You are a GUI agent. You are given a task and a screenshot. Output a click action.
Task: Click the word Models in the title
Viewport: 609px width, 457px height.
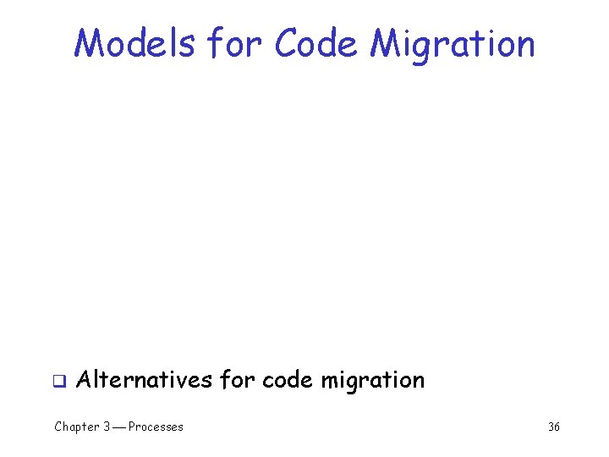(x=134, y=43)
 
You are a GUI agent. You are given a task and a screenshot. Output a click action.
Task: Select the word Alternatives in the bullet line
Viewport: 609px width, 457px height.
(x=144, y=379)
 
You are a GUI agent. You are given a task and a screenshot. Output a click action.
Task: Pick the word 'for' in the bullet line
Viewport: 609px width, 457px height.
(x=237, y=379)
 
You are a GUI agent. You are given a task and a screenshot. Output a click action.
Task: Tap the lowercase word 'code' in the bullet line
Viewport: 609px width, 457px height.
(x=288, y=379)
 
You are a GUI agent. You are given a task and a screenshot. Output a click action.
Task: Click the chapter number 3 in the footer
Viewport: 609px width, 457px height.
(x=107, y=427)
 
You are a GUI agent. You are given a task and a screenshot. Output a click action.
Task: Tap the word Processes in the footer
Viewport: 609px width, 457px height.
(x=156, y=427)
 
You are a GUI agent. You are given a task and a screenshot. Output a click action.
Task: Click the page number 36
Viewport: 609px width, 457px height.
(x=554, y=427)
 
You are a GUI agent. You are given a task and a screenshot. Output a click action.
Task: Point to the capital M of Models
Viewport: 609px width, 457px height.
(x=86, y=43)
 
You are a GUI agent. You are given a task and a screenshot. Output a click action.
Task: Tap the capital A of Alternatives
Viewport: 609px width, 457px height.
(x=84, y=379)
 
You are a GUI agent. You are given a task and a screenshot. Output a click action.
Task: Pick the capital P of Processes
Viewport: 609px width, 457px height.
(x=132, y=427)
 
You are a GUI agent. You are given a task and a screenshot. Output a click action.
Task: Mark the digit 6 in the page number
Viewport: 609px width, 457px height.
(x=557, y=427)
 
